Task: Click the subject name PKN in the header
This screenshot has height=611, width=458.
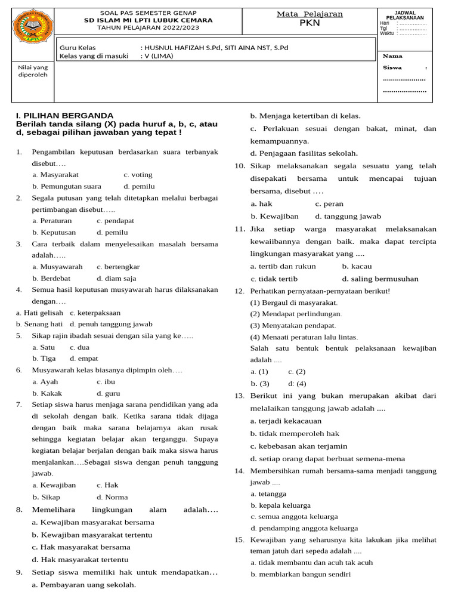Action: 310,24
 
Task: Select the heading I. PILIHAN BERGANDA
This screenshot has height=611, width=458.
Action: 64,115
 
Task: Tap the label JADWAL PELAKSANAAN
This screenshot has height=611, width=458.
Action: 405,16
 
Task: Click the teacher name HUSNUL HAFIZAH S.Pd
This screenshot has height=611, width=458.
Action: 179,48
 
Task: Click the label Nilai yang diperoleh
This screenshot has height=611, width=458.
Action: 32,71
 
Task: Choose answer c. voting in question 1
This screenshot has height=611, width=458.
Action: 138,175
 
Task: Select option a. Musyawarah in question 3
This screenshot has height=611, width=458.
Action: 58,267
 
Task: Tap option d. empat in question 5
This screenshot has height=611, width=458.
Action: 83,359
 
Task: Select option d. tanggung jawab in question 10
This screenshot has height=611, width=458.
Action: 348,216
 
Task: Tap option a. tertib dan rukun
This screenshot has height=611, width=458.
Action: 283,266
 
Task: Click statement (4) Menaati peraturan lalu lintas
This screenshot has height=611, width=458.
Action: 304,337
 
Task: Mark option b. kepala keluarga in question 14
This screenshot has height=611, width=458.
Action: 280,505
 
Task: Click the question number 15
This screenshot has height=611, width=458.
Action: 240,540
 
